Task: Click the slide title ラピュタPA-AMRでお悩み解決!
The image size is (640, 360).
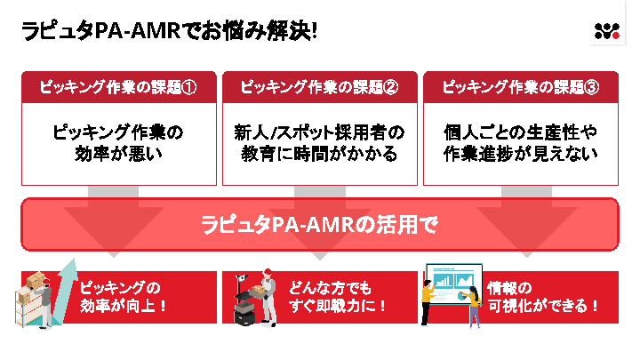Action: (169, 30)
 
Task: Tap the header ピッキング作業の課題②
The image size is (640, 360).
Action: (319, 87)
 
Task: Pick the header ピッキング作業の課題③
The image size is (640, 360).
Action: (521, 87)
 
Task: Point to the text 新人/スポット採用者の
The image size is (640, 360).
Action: (319, 132)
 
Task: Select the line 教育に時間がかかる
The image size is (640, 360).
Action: (319, 153)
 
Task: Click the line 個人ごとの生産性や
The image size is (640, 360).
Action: (521, 132)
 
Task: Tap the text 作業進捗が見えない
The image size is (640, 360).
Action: (521, 153)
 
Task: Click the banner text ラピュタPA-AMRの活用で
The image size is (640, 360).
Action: (319, 225)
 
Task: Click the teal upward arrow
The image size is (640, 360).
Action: (64, 287)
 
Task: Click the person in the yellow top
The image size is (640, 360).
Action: (428, 298)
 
